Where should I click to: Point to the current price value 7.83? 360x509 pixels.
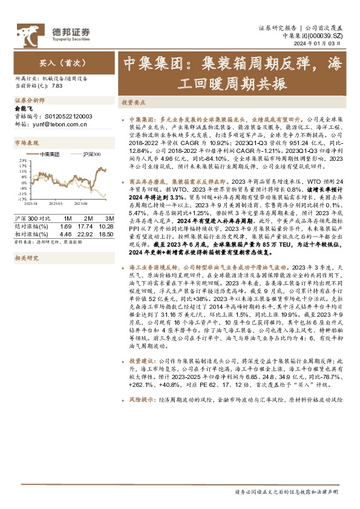57,86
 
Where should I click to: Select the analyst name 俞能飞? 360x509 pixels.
23,108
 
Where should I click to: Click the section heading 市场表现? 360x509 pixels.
26,143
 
